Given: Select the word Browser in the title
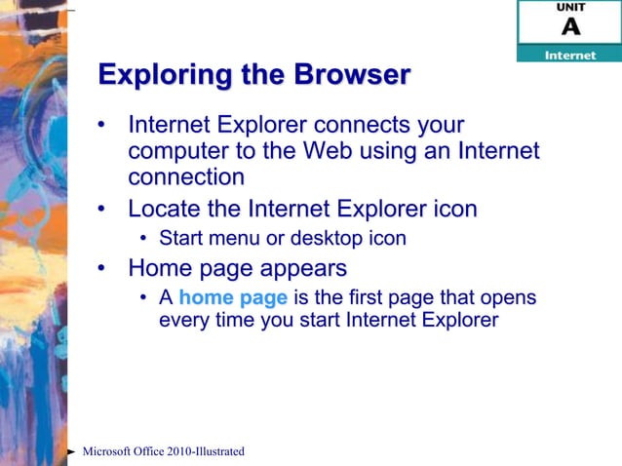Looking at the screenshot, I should tap(349, 74).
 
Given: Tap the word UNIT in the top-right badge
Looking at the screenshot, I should tap(570, 8).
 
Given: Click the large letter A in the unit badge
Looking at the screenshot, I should tap(570, 26).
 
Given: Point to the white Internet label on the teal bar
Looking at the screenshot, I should tap(569, 55).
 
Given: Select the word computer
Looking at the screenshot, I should tap(175, 152).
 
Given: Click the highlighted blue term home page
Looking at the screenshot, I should tap(233, 298).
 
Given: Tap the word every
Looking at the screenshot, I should tap(184, 321).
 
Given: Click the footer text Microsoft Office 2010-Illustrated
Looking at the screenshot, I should tap(163, 451).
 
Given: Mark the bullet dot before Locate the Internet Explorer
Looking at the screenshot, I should tap(102, 210).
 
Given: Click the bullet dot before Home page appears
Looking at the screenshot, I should tap(102, 268).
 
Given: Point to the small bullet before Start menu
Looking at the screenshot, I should tap(143, 239).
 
